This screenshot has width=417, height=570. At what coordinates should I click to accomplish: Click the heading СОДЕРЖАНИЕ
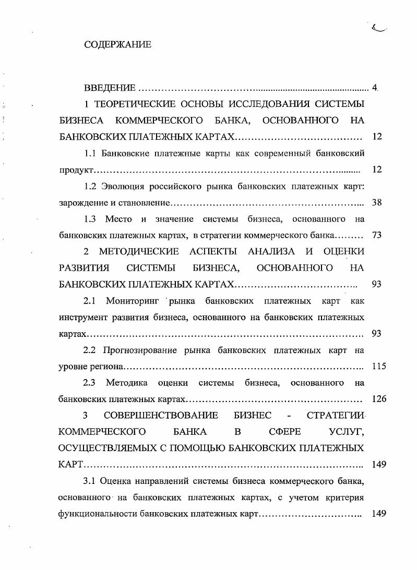pos(117,45)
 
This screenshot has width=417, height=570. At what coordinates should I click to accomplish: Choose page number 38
pos(377,202)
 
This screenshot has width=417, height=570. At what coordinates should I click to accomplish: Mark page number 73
pos(377,235)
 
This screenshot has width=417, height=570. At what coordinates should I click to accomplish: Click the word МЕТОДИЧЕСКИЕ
pos(139,251)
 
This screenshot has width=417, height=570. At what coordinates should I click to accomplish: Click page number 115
pos(378,366)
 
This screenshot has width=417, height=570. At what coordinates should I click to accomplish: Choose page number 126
pos(378,399)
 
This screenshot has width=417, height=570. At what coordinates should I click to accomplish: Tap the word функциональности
pos(98,514)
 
